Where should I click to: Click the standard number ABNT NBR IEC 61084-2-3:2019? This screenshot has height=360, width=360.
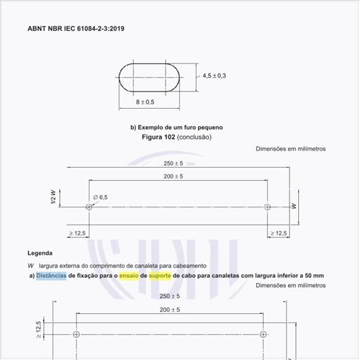tap(76, 29)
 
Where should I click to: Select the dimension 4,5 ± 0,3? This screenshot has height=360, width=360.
tap(215, 76)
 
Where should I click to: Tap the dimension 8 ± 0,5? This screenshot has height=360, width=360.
tap(145, 102)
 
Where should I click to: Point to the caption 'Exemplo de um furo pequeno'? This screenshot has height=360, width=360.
tap(180, 127)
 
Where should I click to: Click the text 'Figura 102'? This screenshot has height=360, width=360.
tap(158, 137)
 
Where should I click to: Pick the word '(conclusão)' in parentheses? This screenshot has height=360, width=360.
tap(194, 138)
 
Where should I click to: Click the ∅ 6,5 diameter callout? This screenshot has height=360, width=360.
tap(100, 197)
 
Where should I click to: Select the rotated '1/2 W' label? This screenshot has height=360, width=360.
tap(53, 197)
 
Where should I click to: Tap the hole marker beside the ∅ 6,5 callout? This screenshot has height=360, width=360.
tap(89, 207)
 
